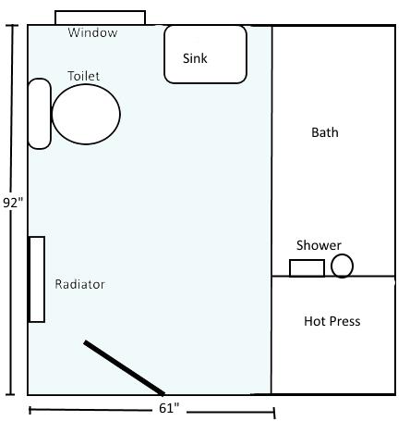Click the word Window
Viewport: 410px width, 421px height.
click(92, 32)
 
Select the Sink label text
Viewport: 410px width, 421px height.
click(195, 58)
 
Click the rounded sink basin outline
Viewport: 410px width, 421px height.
click(205, 26)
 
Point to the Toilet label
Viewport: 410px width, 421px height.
click(83, 76)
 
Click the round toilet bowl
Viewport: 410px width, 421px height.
click(86, 84)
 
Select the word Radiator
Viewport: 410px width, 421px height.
click(79, 284)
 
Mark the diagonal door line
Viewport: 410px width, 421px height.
click(124, 367)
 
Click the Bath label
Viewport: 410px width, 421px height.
click(325, 132)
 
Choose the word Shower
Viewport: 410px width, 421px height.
click(319, 245)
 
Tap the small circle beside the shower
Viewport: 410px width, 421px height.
click(342, 254)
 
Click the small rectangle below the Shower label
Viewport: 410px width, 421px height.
click(307, 260)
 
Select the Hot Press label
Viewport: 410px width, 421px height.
click(332, 321)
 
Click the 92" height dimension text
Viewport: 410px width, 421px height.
click(13, 203)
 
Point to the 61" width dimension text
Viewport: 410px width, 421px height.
click(169, 408)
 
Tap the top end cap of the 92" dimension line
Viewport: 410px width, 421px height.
click(12, 25)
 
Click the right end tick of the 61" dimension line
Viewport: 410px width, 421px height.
click(274, 413)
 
